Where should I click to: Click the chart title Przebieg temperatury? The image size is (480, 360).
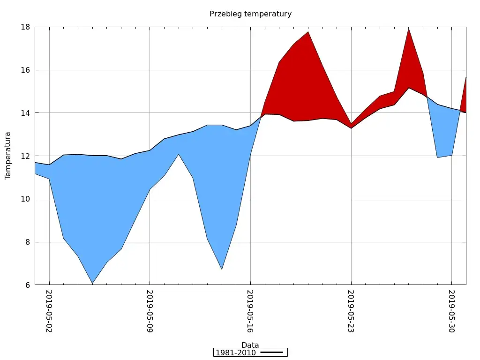point(250,14)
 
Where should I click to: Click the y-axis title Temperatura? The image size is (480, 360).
point(8,156)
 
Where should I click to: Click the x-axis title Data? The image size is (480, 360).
point(250,345)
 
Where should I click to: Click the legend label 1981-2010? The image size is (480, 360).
point(235,352)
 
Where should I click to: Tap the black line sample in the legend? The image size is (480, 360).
point(272,352)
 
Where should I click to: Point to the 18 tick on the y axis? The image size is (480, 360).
point(25,27)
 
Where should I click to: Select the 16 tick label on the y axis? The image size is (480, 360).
point(25,70)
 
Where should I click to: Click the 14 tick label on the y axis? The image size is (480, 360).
point(25,113)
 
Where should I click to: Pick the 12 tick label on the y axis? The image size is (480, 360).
point(25,156)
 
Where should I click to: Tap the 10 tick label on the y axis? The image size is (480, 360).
point(25,199)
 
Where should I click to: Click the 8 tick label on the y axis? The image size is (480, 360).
point(28,242)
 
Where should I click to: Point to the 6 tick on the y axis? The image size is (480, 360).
point(28,285)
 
